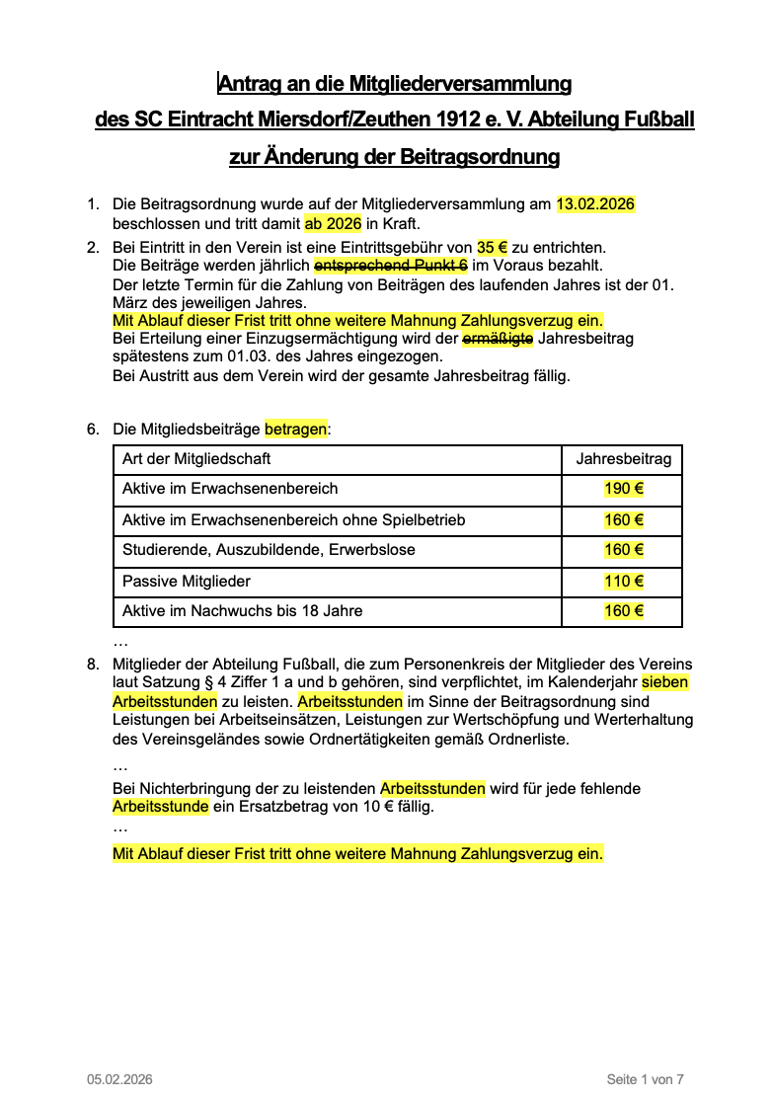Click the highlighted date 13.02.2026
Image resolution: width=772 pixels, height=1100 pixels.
595,204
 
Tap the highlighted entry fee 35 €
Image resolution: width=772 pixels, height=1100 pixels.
494,247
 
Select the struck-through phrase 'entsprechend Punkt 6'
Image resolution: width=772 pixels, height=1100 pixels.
390,266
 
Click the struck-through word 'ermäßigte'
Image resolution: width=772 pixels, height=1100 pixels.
498,339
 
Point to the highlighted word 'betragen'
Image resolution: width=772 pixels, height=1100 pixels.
295,430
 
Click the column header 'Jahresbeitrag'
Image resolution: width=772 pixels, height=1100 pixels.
623,459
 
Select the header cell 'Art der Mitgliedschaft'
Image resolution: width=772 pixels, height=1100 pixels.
196,459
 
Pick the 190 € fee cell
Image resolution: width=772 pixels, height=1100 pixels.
623,489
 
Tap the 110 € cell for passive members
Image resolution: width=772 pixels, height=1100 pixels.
623,582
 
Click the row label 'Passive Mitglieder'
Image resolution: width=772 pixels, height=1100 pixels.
187,582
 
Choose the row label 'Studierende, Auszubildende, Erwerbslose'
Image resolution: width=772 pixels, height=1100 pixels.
269,550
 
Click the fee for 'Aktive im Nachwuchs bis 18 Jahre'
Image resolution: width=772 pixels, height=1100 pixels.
623,611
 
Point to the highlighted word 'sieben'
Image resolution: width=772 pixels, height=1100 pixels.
665,682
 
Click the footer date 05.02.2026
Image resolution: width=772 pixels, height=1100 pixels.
119,1079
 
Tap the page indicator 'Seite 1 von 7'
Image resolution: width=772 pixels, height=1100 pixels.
645,1079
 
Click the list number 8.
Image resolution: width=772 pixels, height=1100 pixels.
93,664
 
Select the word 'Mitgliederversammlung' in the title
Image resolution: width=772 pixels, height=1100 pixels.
463,84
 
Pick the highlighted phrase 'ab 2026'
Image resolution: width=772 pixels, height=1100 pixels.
333,223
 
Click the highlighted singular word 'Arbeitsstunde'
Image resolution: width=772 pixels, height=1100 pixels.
160,807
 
